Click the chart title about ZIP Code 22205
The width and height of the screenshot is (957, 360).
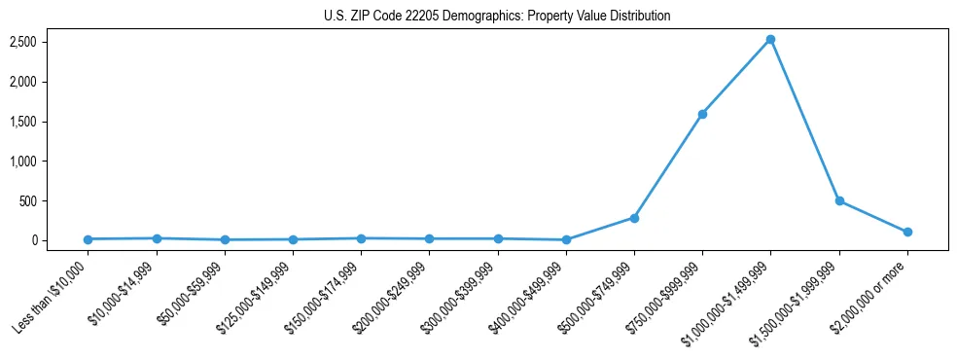(x=497, y=16)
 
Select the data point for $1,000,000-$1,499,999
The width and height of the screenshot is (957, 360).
(x=770, y=39)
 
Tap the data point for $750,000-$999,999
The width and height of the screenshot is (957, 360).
(x=702, y=114)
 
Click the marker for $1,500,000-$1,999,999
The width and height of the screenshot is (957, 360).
(x=839, y=200)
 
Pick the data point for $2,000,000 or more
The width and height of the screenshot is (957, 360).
(x=907, y=232)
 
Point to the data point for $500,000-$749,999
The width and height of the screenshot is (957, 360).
(x=634, y=218)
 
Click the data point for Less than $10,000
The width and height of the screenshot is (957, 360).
(x=88, y=239)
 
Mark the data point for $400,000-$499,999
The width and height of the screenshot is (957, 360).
(x=566, y=239)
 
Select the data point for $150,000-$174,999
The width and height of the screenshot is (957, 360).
(x=361, y=238)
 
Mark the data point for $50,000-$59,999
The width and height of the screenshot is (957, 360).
(x=225, y=239)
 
